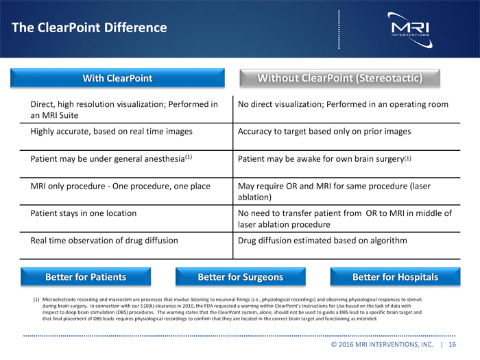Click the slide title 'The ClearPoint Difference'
point(89,28)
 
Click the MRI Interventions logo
point(409,28)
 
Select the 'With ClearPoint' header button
point(117,78)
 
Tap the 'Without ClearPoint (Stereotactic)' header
point(339,78)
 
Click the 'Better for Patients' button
point(86,277)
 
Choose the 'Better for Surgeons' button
point(240,277)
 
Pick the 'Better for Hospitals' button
point(395,277)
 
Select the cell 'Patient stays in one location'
point(84,213)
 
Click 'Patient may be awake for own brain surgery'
point(324,158)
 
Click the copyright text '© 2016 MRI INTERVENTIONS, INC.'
point(383,345)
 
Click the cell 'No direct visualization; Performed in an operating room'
point(343,104)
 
